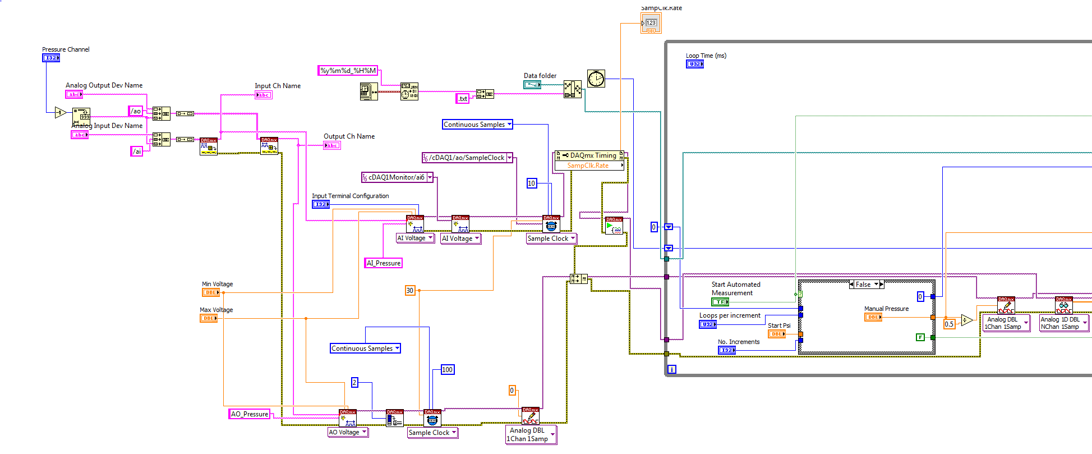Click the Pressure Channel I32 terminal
click(51, 58)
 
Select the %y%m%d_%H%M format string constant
click(348, 71)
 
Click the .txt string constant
click(462, 99)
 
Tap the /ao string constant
click(136, 111)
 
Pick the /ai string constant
click(136, 151)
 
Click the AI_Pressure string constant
click(384, 263)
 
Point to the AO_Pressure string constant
click(250, 414)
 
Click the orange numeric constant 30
click(410, 291)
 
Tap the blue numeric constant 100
click(447, 370)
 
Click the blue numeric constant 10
click(532, 184)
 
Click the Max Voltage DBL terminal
click(208, 318)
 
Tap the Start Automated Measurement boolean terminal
click(720, 302)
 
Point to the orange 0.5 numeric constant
click(949, 324)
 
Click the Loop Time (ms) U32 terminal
click(694, 64)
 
